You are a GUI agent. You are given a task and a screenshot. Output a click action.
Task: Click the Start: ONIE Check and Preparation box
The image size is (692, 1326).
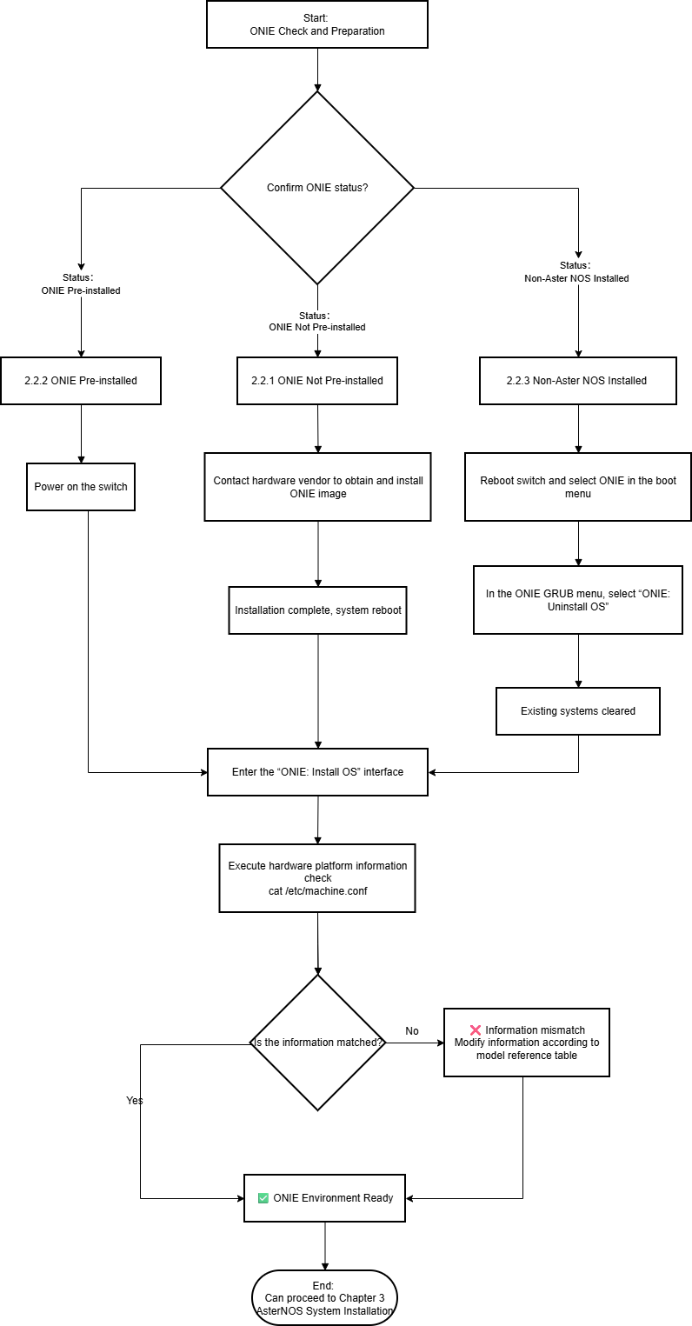[x=317, y=24]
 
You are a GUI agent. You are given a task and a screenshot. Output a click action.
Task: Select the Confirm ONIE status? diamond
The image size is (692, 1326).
[x=317, y=188]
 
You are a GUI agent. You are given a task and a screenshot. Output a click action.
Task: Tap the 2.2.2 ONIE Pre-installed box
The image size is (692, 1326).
[x=81, y=381]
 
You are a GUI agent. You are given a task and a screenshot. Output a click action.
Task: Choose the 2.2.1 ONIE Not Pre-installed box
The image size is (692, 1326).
[x=317, y=381]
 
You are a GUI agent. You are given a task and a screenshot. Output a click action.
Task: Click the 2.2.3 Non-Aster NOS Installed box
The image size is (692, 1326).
[x=578, y=381]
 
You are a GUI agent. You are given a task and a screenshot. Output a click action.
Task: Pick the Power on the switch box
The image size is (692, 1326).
[x=81, y=487]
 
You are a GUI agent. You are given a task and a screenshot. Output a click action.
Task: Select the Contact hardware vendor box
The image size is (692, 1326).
[x=318, y=487]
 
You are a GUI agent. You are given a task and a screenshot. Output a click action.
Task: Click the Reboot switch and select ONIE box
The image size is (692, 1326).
[x=578, y=487]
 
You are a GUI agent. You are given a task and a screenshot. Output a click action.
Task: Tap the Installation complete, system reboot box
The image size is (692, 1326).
[x=318, y=610]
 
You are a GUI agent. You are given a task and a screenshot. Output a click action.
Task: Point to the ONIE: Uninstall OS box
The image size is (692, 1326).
[x=578, y=600]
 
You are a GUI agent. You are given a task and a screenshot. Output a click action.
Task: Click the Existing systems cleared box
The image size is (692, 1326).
[x=578, y=711]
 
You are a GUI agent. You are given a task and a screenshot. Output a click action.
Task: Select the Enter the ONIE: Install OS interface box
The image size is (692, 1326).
[x=318, y=772]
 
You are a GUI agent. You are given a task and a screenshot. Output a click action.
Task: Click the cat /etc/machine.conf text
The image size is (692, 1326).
[x=318, y=891]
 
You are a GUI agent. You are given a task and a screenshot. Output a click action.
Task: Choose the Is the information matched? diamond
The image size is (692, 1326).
[x=318, y=1043]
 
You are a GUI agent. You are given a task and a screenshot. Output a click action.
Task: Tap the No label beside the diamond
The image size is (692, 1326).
[x=412, y=1031]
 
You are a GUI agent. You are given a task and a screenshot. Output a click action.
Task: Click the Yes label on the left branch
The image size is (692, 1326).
[x=135, y=1101]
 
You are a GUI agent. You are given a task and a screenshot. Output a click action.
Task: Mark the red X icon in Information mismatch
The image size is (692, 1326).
[x=475, y=1030]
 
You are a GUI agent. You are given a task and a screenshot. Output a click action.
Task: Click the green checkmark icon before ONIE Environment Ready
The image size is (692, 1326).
[x=263, y=1198]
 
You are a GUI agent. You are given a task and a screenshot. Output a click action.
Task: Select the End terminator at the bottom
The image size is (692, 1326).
[x=324, y=1298]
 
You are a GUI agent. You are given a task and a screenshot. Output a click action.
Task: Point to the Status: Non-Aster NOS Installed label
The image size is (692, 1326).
[x=576, y=271]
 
